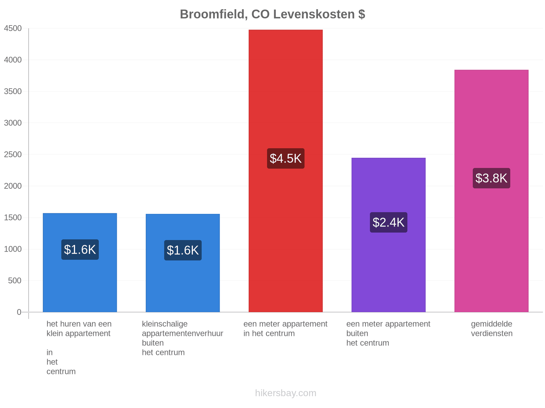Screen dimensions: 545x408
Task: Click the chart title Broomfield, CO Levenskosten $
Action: (x=272, y=14)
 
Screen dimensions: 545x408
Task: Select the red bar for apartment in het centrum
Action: (x=285, y=171)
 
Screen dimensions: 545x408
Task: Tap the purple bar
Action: (x=388, y=235)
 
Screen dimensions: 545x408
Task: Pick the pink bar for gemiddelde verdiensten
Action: (x=491, y=191)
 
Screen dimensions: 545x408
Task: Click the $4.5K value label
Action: (x=285, y=158)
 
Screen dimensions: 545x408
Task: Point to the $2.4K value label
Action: (x=388, y=222)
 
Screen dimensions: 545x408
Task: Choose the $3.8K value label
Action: (x=491, y=178)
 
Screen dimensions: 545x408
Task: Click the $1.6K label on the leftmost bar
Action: (x=80, y=250)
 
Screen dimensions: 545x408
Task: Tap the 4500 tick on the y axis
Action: (x=13, y=28)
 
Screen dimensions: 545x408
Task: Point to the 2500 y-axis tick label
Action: (x=13, y=154)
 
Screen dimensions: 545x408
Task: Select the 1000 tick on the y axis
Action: (x=13, y=249)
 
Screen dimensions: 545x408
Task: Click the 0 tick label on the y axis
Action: (x=19, y=312)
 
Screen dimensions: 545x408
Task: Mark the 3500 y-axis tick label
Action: (x=13, y=91)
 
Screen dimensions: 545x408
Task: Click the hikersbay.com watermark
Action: (x=285, y=393)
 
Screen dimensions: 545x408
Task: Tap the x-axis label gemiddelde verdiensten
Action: (x=492, y=328)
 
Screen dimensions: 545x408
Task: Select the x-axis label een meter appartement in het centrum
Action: (x=285, y=328)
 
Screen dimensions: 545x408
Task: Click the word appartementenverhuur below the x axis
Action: (x=183, y=334)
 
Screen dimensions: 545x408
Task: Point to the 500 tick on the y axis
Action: (x=15, y=280)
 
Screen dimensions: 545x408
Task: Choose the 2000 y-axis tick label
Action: (x=13, y=186)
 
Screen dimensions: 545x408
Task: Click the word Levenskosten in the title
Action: (x=314, y=14)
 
